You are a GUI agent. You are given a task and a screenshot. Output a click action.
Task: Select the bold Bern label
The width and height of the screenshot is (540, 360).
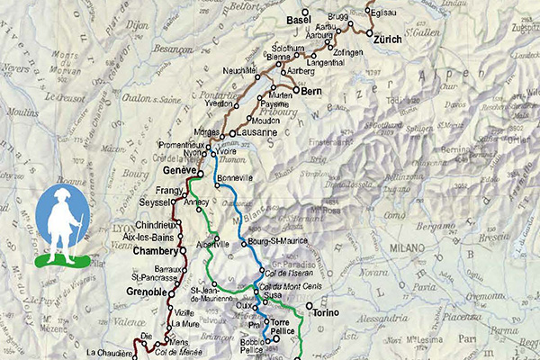pos(312,91)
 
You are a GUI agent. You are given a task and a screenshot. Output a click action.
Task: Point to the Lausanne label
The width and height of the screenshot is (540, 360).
pos(260,132)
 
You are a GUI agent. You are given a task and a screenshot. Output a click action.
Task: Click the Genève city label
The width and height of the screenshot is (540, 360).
pos(180,169)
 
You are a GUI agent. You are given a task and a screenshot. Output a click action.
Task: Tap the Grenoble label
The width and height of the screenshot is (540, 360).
pos(146,292)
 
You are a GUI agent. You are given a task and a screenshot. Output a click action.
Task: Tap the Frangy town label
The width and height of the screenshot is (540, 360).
pos(168,192)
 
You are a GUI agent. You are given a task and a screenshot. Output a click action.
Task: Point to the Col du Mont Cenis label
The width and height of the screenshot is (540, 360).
pos(286,286)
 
